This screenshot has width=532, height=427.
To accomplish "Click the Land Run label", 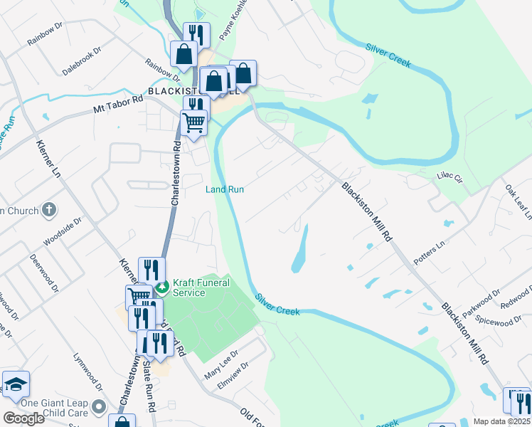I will (x=225, y=189).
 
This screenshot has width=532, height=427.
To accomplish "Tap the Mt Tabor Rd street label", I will (x=118, y=105).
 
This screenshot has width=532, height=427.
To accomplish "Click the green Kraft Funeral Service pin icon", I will (x=162, y=288).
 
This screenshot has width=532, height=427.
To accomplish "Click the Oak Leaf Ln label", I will (x=518, y=202).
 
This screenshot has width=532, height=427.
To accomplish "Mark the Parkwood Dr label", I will (x=482, y=304).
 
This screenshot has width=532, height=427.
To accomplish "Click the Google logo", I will (x=23, y=418).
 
